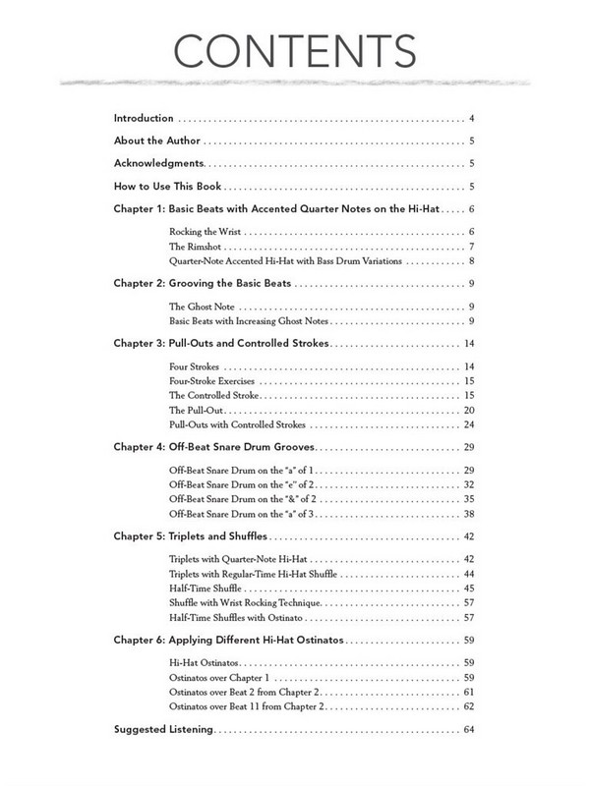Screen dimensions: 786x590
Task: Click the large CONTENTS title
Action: click(x=295, y=49)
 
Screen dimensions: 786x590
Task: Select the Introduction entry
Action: click(x=144, y=118)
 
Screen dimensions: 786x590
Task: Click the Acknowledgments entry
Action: click(x=158, y=163)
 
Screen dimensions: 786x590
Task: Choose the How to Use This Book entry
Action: click(x=168, y=187)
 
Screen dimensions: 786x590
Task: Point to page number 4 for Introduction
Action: click(x=473, y=118)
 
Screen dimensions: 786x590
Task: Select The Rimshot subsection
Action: click(x=198, y=246)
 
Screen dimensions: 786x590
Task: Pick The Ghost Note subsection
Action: click(x=202, y=307)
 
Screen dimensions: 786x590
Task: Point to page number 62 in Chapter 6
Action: click(x=470, y=707)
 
